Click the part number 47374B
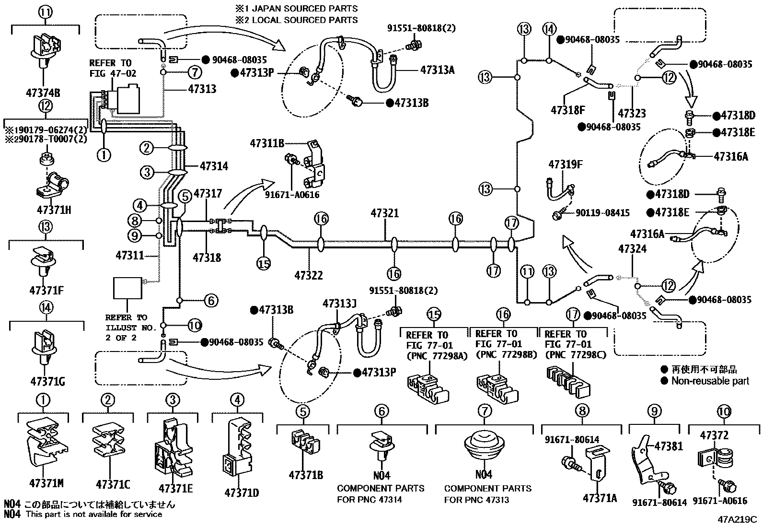point(45,93)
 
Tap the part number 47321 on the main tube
point(384,212)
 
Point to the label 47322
point(309,275)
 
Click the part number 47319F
point(566,164)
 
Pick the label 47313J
point(339,304)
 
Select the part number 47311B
point(267,143)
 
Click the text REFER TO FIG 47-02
point(112,68)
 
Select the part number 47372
point(714,435)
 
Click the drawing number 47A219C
point(737,520)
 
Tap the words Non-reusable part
point(710,381)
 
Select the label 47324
point(632,249)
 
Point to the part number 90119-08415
point(602,212)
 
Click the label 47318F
point(568,110)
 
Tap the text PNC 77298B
point(502,355)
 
